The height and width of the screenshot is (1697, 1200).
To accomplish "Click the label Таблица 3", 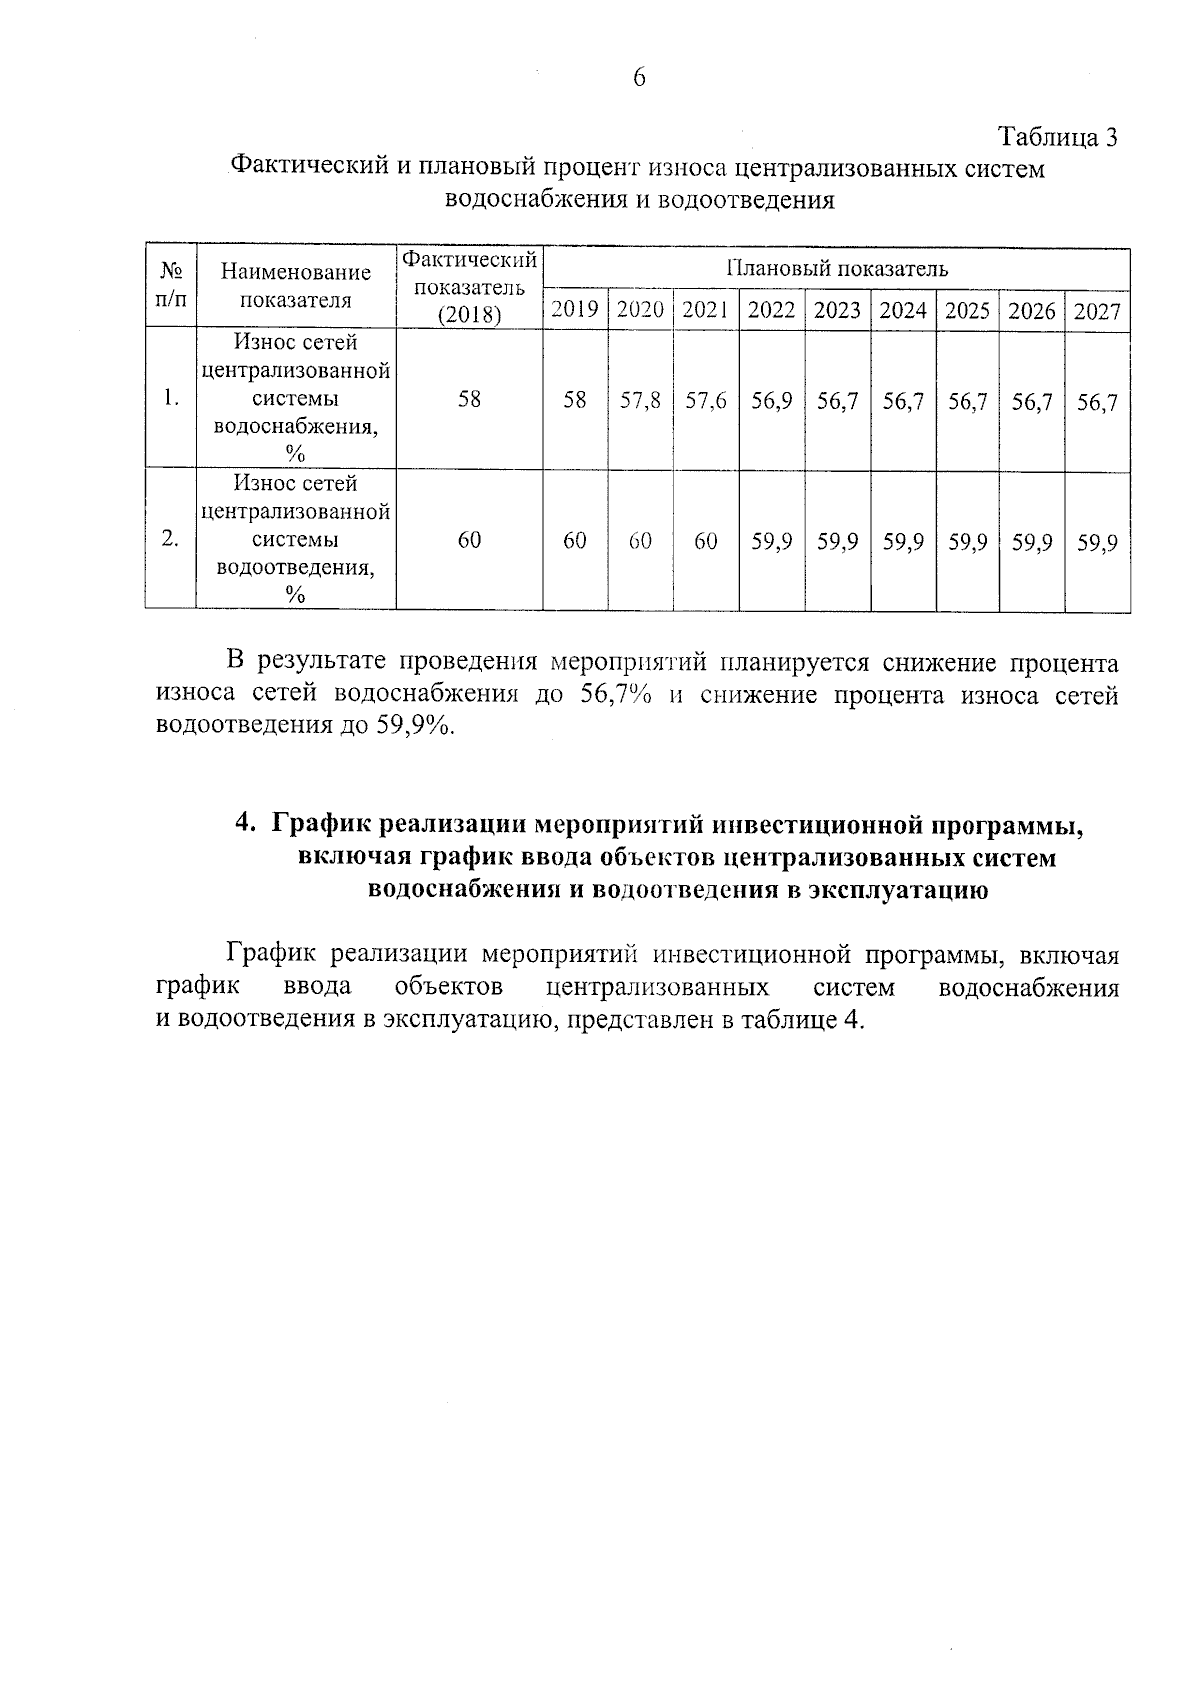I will coord(1057,137).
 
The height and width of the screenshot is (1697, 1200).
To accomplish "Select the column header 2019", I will coord(575,310).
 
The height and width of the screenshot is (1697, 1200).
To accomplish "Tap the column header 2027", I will coord(1097,311).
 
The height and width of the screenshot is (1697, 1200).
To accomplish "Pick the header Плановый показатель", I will coord(836,268).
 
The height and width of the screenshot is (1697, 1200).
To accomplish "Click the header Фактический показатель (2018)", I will coord(469,287).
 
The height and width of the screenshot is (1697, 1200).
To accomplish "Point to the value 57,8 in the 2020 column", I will coord(640,401).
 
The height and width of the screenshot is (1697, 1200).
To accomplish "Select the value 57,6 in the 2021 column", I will coord(706,401).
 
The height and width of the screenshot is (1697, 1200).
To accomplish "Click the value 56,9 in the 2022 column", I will coord(772,401).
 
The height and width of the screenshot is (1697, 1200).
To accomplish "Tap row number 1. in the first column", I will coord(171,398).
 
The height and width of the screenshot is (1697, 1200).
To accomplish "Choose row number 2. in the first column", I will coord(171,539).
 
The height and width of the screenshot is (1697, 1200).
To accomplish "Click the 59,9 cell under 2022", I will coord(772,542).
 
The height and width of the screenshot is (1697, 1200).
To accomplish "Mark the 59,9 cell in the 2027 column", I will coord(1097,543).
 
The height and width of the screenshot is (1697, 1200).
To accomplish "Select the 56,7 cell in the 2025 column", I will coord(968,402).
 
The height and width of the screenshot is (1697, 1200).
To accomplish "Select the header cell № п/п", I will coord(171,285).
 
